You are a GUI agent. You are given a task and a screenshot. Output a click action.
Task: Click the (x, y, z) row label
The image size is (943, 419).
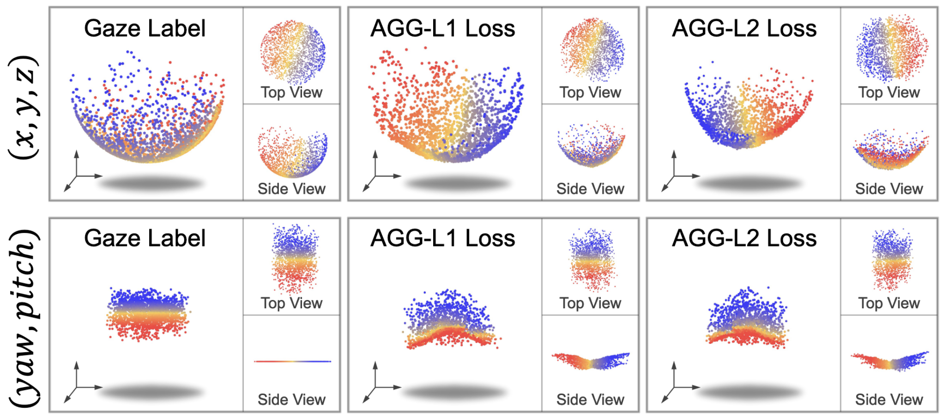[23, 107]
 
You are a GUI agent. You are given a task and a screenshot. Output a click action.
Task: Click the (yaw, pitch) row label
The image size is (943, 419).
[23, 318]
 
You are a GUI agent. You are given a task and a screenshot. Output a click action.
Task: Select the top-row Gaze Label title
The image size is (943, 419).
[145, 29]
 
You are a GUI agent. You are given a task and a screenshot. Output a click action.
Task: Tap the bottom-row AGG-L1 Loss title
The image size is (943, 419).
[442, 239]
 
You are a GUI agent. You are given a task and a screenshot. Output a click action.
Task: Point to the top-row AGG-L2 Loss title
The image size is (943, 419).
[744, 29]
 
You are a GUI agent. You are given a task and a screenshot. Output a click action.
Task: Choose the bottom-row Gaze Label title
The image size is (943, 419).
[145, 239]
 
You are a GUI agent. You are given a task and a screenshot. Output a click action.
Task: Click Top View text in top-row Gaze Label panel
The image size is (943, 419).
[291, 92]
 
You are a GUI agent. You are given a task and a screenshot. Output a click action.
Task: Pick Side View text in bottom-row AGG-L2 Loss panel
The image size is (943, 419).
[889, 399]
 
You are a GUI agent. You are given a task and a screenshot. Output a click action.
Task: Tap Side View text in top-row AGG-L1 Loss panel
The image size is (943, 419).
[590, 189]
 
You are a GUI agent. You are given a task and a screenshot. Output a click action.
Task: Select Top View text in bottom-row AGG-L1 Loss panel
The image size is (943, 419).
[590, 303]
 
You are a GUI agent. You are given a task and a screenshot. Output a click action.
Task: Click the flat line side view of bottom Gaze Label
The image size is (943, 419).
[292, 361]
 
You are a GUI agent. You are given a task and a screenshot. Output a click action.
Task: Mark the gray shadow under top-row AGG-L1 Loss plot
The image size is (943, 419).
[457, 184]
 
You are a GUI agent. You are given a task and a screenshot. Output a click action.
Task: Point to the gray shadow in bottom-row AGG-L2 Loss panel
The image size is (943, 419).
[750, 393]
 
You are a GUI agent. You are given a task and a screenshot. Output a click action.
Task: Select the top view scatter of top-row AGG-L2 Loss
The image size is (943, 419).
[891, 48]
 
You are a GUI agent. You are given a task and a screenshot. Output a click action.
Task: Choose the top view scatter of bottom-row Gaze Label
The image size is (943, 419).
[295, 258]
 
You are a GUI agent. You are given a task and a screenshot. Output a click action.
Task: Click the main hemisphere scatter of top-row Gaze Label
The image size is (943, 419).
[148, 120]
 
